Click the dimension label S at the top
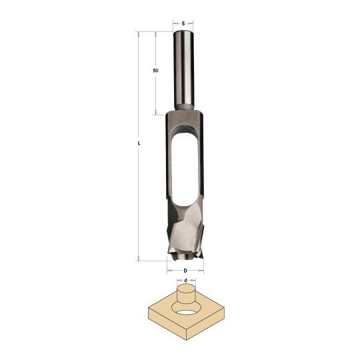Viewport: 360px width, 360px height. [183, 23]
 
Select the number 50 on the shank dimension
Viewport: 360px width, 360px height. [155, 71]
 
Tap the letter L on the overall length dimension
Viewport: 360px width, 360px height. [139, 143]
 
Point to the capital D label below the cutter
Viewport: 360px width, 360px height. [185, 271]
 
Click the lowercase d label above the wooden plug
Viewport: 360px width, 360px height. [186, 280]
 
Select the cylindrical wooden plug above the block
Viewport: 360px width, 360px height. [186, 294]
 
